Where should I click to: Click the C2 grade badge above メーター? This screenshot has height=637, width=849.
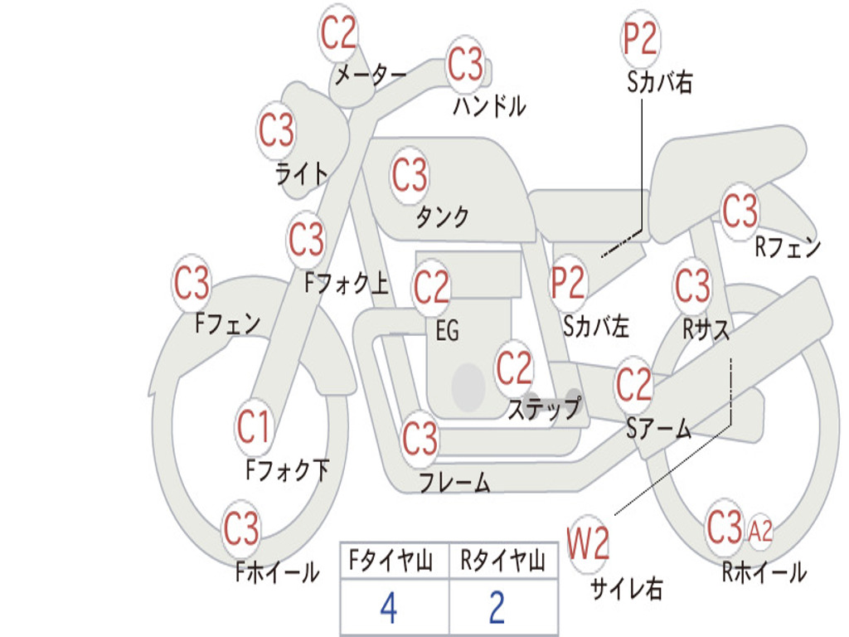click(x=339, y=34)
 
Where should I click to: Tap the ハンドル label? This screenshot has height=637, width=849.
click(x=489, y=106)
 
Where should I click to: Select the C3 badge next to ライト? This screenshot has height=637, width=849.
click(x=276, y=131)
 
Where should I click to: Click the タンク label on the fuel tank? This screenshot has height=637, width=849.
click(x=442, y=217)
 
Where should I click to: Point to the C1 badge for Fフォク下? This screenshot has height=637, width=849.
click(x=254, y=427)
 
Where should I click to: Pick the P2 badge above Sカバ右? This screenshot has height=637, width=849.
click(x=640, y=38)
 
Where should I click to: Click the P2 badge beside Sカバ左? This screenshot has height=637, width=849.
click(x=569, y=283)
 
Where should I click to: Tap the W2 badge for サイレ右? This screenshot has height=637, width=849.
click(x=589, y=545)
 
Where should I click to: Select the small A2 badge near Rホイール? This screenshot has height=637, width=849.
click(x=760, y=532)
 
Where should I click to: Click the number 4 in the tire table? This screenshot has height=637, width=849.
click(x=388, y=609)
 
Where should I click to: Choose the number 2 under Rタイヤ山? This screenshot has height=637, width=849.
click(x=497, y=609)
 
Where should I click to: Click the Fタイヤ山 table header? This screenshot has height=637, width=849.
click(x=391, y=563)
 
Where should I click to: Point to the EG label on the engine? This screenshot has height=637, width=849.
click(x=447, y=332)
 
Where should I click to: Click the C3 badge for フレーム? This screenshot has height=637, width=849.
click(x=420, y=439)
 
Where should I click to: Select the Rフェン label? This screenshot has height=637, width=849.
click(x=788, y=247)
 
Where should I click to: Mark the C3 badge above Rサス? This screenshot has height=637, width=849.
click(x=692, y=286)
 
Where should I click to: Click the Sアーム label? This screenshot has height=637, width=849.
click(x=658, y=429)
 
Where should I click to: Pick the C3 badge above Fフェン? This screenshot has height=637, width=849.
click(x=192, y=284)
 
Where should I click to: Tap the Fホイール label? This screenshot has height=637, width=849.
click(x=278, y=572)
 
